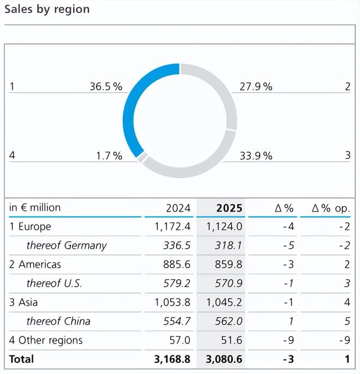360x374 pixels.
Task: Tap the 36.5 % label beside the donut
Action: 106,86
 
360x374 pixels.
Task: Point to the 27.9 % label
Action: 256,86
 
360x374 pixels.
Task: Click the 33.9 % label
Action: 256,156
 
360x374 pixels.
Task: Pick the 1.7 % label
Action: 109,156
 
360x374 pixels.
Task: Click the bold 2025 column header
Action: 229,208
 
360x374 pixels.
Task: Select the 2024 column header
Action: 178,208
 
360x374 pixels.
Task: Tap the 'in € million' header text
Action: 35,208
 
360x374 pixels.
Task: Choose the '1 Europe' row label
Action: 30,226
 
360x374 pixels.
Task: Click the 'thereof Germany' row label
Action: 66,245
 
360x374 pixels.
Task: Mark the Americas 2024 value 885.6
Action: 176,264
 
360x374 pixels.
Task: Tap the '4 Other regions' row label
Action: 46,340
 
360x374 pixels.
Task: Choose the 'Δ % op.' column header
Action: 331,208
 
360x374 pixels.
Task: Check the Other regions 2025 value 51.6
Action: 231,340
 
